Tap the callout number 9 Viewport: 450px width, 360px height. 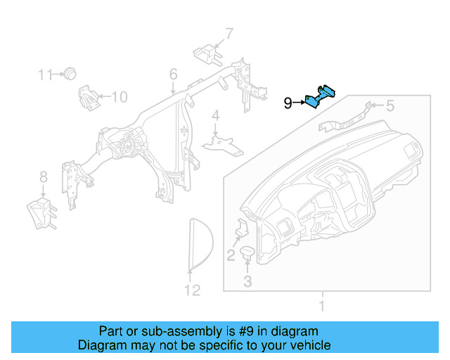click(x=288, y=103)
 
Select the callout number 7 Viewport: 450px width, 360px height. click(x=229, y=32)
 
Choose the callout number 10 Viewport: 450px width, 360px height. click(x=120, y=97)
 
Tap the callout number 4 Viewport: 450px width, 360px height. click(x=216, y=115)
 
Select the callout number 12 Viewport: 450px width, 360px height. click(x=192, y=290)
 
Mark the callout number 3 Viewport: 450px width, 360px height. click(x=247, y=282)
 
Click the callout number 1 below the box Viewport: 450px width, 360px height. click(x=322, y=306)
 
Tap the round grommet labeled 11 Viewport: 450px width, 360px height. click(x=70, y=73)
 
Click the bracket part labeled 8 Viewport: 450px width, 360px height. click(x=43, y=212)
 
